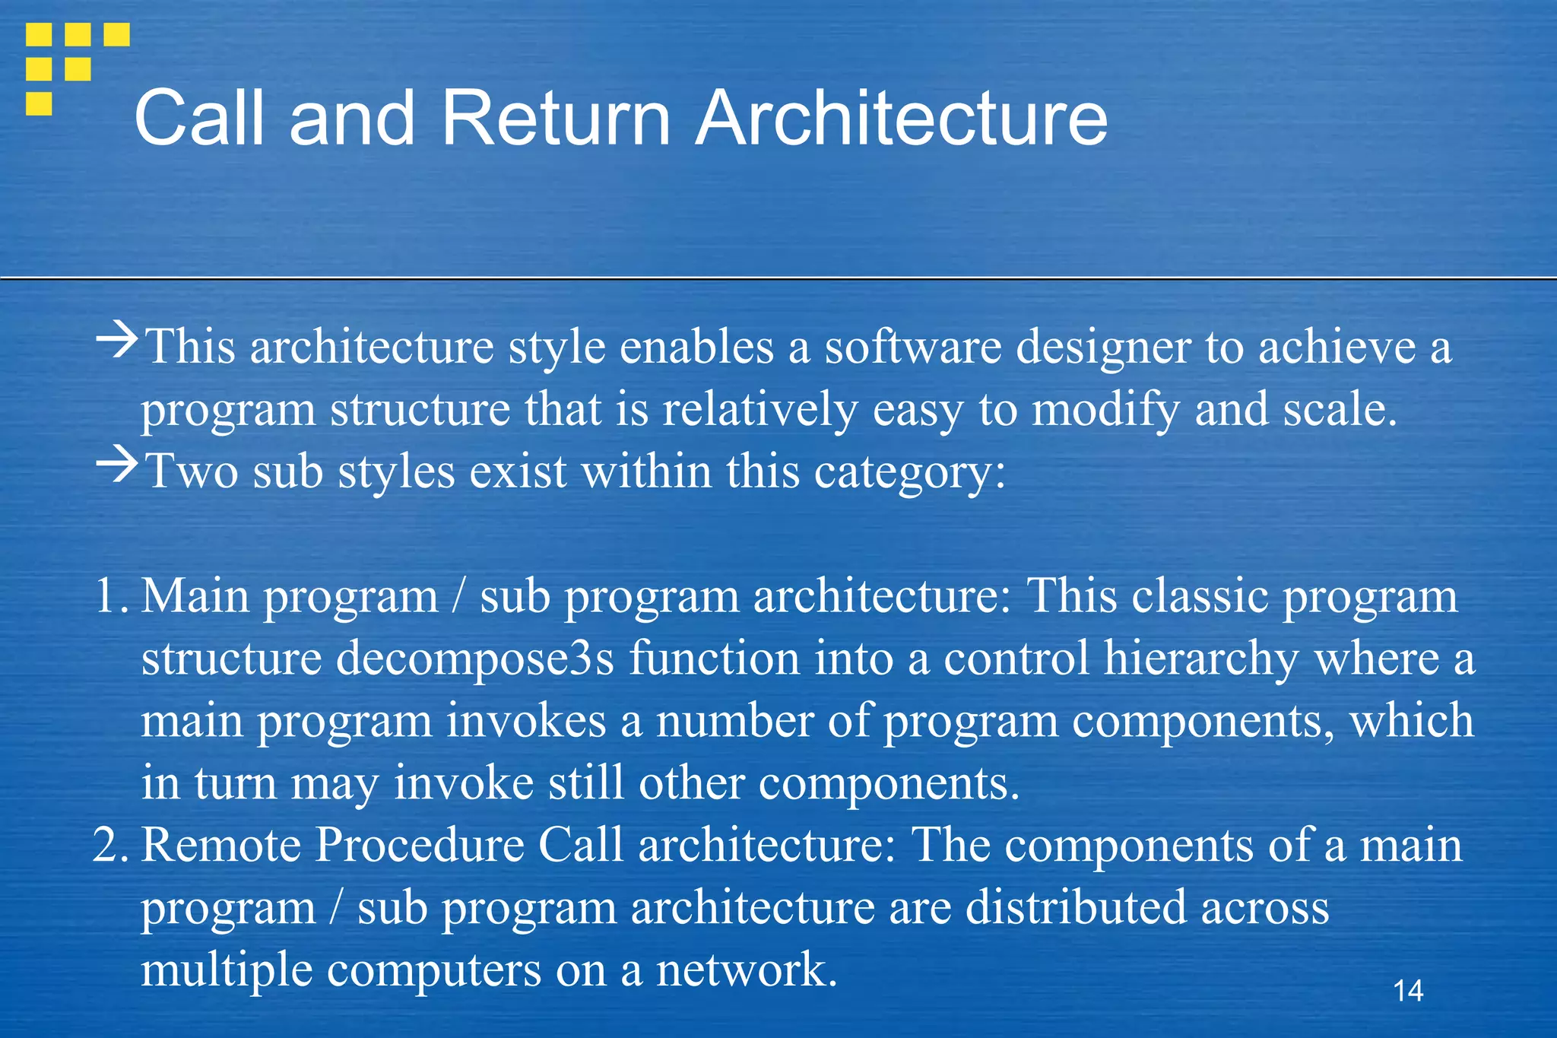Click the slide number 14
coord(1408,991)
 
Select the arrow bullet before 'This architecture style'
coord(117,340)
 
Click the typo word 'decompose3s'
coord(474,659)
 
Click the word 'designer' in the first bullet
coord(1103,348)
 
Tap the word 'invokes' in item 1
coord(525,721)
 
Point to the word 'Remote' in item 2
coord(221,846)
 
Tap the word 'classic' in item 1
coord(1200,596)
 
